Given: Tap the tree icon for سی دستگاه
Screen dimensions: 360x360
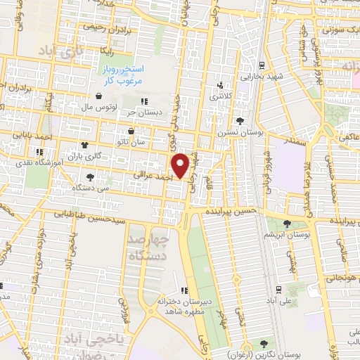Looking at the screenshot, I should [x=90, y=177].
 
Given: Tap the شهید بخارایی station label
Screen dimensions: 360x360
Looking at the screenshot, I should [x=261, y=75].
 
